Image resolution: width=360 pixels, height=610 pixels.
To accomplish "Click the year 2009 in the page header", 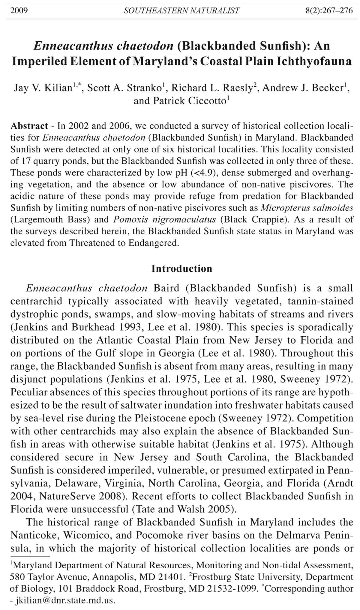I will click(x=19, y=11).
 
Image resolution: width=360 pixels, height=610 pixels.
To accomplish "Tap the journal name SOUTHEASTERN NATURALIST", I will click(x=181, y=11).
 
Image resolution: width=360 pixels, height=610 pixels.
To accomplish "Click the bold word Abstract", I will click(x=29, y=126).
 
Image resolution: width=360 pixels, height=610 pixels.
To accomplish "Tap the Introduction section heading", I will click(x=181, y=268).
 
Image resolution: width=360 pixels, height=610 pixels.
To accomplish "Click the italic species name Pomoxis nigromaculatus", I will click(x=164, y=219).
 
